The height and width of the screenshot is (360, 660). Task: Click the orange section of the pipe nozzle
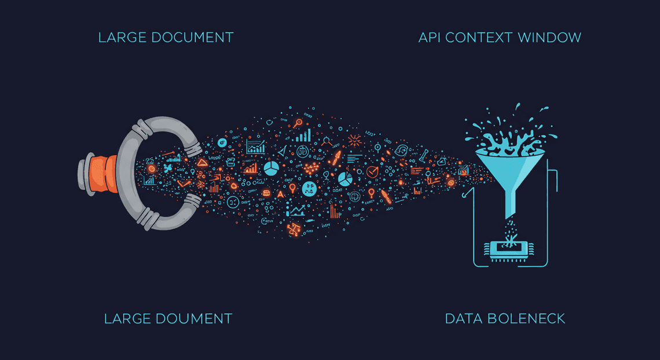104,174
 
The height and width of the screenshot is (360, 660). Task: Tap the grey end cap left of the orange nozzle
86,174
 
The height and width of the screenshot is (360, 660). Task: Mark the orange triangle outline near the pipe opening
203,162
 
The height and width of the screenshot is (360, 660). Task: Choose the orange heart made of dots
311,168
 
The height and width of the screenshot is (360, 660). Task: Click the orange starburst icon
354,140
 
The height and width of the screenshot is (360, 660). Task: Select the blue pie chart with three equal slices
272,168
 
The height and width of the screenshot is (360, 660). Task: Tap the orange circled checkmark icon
372,171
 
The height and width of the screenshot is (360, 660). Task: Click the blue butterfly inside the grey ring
168,168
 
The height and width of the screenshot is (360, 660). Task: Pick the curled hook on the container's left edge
466,192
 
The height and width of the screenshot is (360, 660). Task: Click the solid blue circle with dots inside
309,188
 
